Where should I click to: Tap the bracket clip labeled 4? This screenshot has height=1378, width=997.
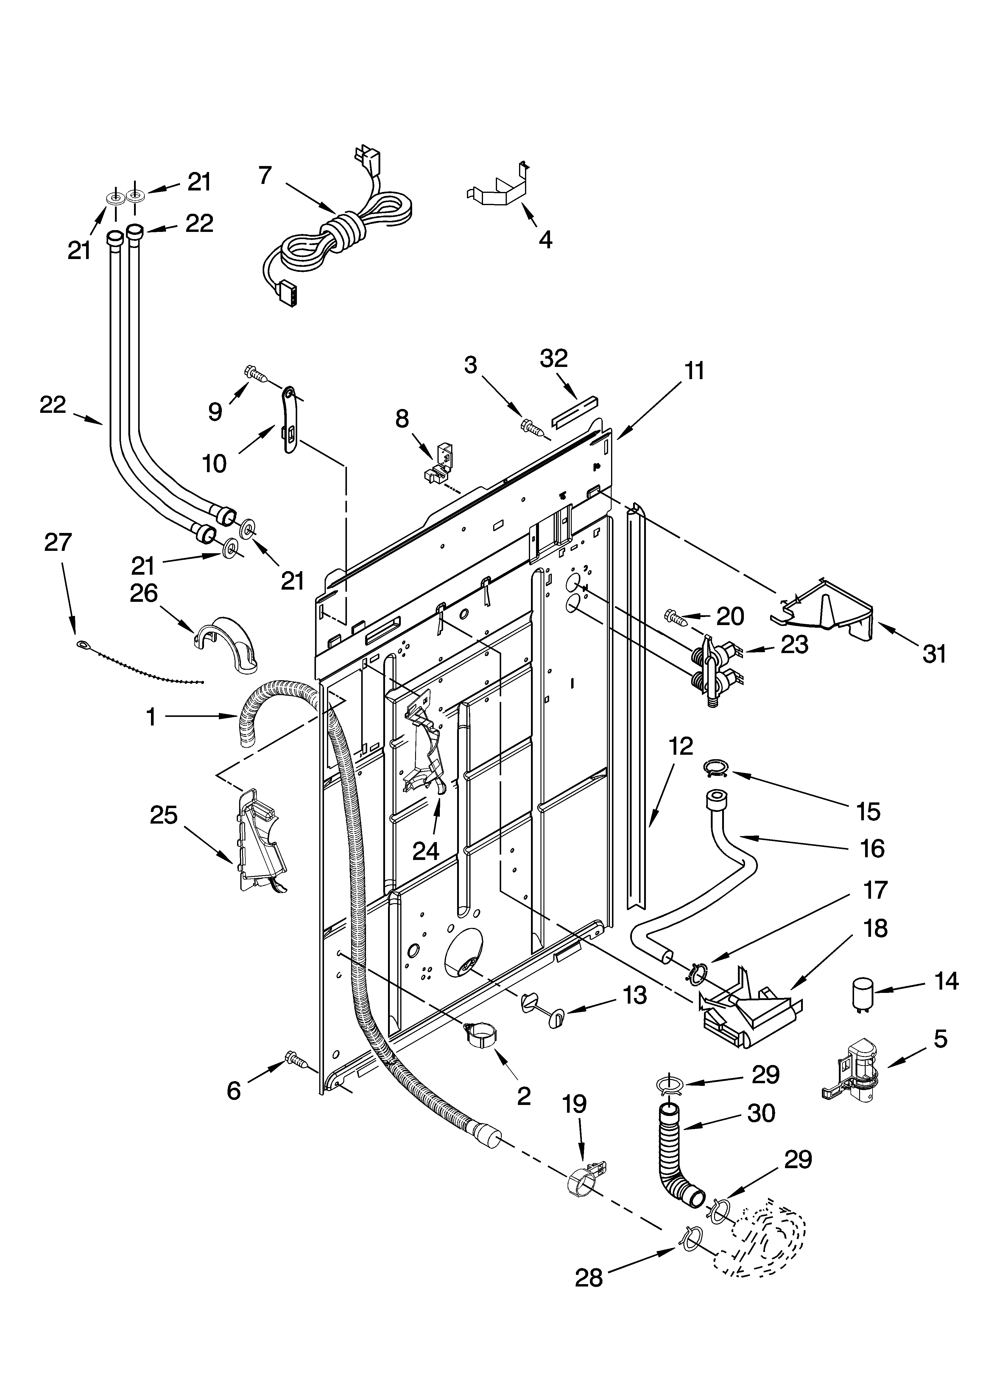pyautogui.click(x=499, y=188)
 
